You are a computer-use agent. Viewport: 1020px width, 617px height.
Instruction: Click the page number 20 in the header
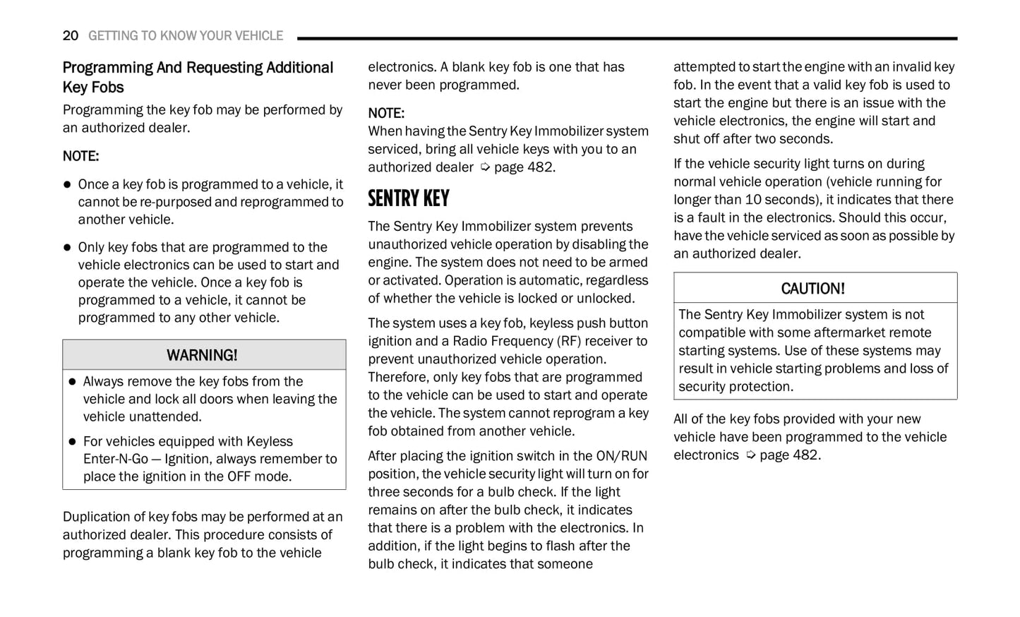pyautogui.click(x=70, y=35)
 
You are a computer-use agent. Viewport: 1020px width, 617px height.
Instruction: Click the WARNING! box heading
pyautogui.click(x=202, y=355)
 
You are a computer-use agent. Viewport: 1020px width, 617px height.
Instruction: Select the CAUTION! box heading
pyautogui.click(x=812, y=289)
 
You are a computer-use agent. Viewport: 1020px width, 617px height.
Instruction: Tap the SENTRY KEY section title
pyautogui.click(x=408, y=199)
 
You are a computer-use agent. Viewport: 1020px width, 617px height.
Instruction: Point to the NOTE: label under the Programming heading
pyautogui.click(x=80, y=156)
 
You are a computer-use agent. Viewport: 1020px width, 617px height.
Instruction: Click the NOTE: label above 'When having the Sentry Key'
pyautogui.click(x=386, y=113)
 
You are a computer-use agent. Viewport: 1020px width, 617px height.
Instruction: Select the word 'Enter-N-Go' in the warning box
pyautogui.click(x=116, y=459)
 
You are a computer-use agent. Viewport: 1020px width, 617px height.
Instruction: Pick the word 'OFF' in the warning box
pyautogui.click(x=239, y=477)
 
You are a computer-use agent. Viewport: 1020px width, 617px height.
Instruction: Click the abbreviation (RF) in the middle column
pyautogui.click(x=569, y=341)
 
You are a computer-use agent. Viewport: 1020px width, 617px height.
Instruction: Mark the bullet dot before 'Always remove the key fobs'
pyautogui.click(x=72, y=382)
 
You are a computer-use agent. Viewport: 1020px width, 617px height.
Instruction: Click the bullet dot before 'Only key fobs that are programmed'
pyautogui.click(x=67, y=248)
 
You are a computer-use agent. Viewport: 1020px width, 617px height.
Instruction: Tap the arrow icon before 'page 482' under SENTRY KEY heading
pyautogui.click(x=485, y=167)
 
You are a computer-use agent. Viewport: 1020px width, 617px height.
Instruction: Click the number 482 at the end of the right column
pyautogui.click(x=805, y=455)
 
